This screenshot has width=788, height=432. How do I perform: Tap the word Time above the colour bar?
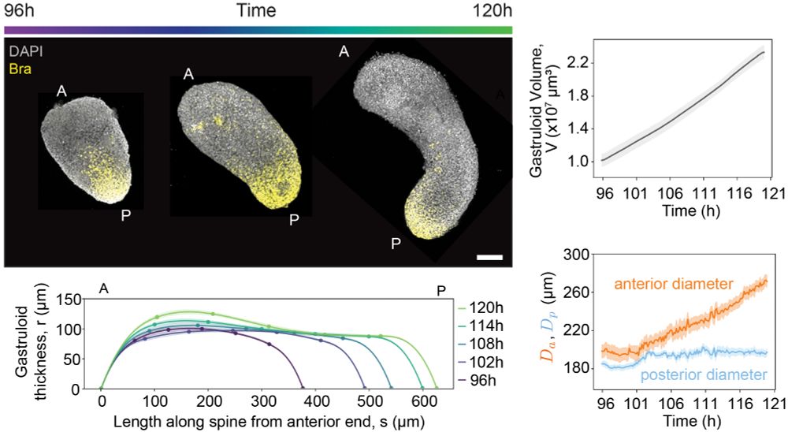tap(257, 10)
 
